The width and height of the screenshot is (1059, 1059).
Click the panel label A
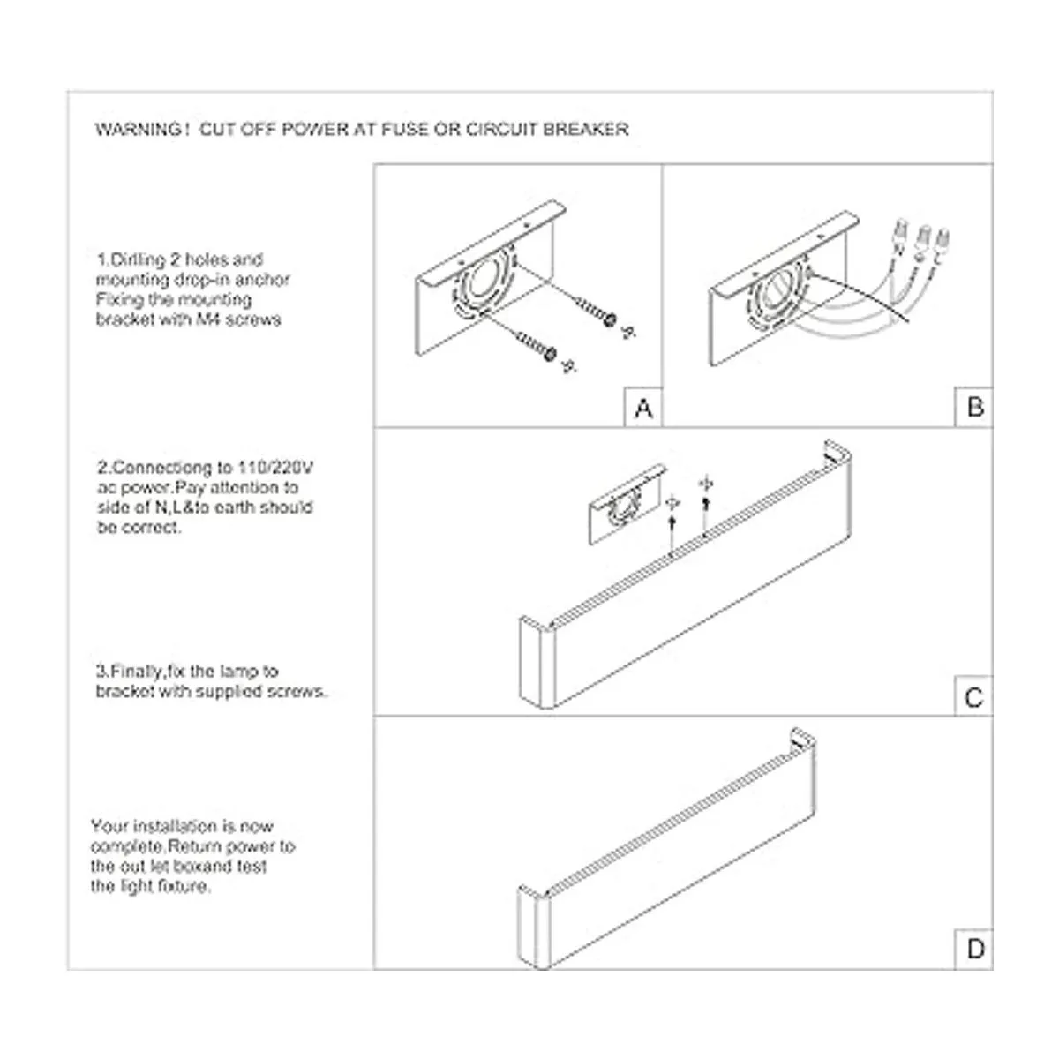click(643, 409)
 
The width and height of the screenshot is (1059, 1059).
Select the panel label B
click(974, 407)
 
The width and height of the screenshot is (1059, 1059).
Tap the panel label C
click(973, 698)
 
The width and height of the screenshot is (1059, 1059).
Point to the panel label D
click(974, 950)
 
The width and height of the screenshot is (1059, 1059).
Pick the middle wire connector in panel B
click(922, 237)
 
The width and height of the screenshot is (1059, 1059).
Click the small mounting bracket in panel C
click(627, 503)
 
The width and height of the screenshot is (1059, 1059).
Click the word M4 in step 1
click(207, 319)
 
